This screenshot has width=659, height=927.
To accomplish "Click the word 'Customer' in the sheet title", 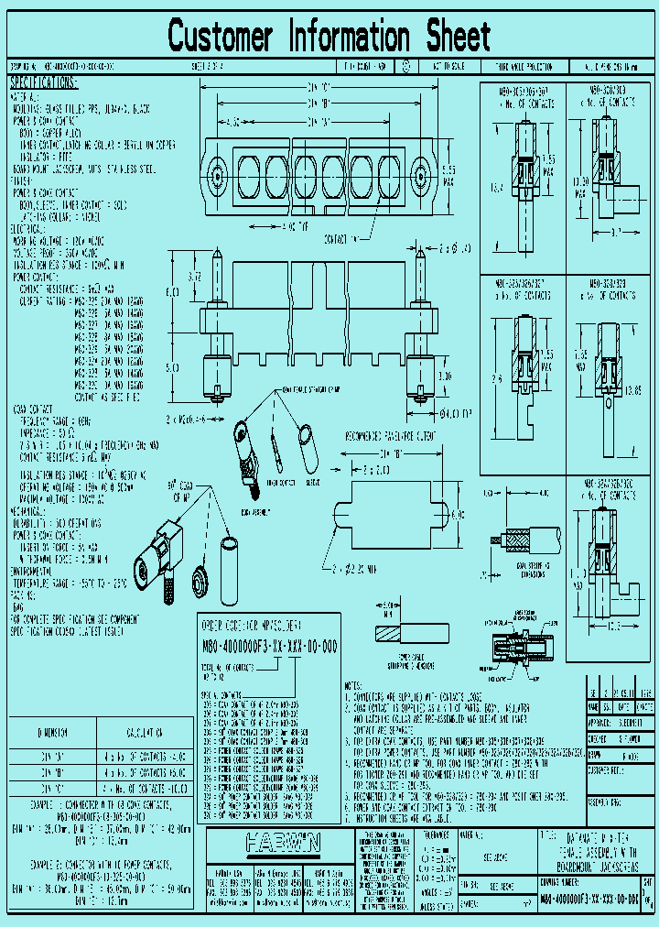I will click(x=220, y=38).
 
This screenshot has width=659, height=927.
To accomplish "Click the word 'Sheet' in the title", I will click(x=456, y=38).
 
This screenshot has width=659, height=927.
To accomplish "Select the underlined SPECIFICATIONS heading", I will click(x=44, y=82).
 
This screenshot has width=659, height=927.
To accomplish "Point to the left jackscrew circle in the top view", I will click(x=217, y=174).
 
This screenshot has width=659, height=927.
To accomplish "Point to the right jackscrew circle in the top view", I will click(x=419, y=174).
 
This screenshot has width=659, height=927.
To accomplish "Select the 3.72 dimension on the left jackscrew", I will click(x=194, y=275).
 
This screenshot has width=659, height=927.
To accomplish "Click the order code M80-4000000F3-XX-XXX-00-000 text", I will click(x=268, y=647).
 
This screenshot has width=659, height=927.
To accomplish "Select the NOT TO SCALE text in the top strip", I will click(x=448, y=67).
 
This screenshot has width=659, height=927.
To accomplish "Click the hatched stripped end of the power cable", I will click(x=387, y=634).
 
